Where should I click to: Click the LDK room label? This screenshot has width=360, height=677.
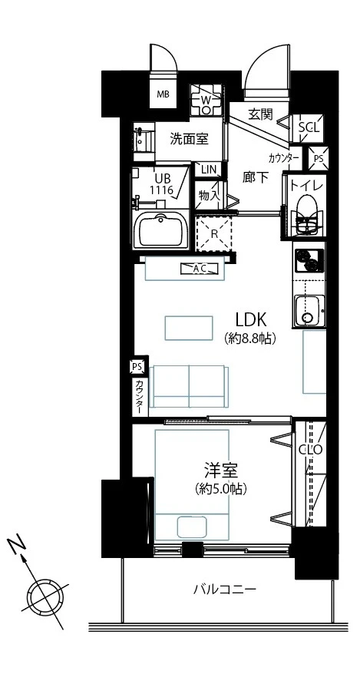[250, 319]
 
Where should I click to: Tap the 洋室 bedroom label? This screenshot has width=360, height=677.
[220, 470]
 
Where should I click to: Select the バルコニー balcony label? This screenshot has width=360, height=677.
[225, 589]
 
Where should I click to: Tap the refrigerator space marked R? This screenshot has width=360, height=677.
[214, 233]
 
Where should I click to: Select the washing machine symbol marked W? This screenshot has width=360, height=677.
[206, 100]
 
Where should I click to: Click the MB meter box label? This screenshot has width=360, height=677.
[163, 94]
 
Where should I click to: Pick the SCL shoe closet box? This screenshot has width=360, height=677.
[309, 127]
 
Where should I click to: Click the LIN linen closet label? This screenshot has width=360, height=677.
[208, 169]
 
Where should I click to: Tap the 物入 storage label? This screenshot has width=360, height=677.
[210, 195]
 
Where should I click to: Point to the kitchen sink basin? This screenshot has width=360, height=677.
[309, 311]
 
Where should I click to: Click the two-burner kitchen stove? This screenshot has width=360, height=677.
[309, 261]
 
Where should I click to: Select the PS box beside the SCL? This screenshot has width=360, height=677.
[319, 158]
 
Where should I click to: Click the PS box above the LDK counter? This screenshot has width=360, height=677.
[137, 367]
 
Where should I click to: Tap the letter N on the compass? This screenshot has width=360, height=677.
[16, 545]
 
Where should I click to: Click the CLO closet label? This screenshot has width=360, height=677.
[311, 450]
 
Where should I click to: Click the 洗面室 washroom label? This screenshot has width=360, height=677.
[189, 139]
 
